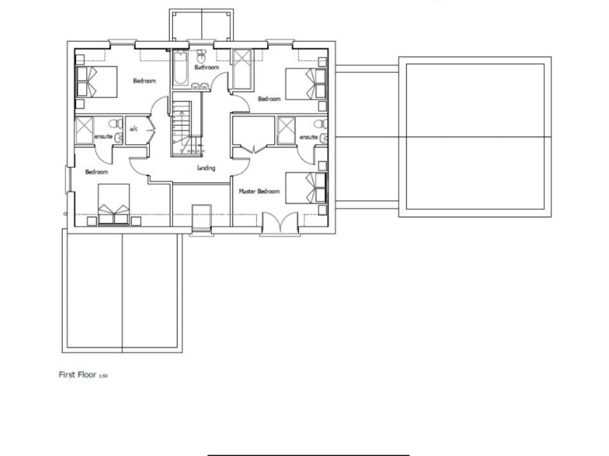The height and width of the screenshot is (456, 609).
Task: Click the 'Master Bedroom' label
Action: pyautogui.click(x=259, y=192)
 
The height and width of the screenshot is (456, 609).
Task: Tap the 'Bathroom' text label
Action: pyautogui.click(x=206, y=68)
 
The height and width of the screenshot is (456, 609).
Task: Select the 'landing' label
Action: pyautogui.click(x=206, y=168)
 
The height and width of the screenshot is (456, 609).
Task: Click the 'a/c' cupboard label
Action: pyautogui.click(x=134, y=129)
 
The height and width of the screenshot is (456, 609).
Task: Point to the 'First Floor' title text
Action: pyautogui.click(x=78, y=374)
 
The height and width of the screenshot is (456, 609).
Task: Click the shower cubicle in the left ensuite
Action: pyautogui.click(x=84, y=128)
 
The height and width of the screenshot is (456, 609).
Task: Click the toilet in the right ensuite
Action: pyautogui.click(x=316, y=124)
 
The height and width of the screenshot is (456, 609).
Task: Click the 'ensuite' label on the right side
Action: pyautogui.click(x=308, y=137)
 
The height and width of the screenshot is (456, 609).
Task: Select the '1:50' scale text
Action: pyautogui.click(x=103, y=376)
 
